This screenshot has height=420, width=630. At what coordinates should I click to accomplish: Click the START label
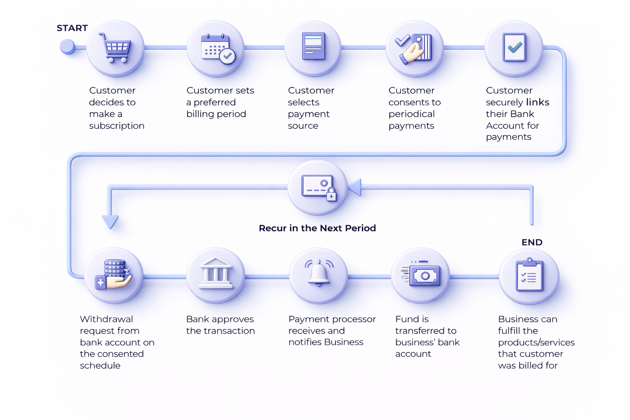(x=72, y=28)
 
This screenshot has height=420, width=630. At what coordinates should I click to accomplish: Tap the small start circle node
(x=67, y=47)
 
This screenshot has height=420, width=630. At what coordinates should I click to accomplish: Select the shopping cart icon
(x=115, y=48)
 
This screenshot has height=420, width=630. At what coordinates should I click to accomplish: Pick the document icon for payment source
(x=313, y=47)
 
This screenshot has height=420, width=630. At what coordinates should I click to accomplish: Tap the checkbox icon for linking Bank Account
(x=514, y=48)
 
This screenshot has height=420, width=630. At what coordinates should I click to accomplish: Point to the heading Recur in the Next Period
(x=317, y=228)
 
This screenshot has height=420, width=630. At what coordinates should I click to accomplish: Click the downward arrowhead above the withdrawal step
(x=110, y=221)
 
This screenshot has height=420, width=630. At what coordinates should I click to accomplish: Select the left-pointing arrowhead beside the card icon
(x=355, y=187)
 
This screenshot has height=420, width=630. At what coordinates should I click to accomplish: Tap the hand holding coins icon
(x=114, y=275)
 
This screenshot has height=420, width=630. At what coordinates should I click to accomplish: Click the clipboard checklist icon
(x=529, y=275)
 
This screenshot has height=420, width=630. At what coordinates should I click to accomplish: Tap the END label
(x=532, y=242)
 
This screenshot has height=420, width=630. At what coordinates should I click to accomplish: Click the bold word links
(x=537, y=102)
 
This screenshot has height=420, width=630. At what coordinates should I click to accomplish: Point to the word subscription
(x=116, y=126)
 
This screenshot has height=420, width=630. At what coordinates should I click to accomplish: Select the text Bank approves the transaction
(x=220, y=325)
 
